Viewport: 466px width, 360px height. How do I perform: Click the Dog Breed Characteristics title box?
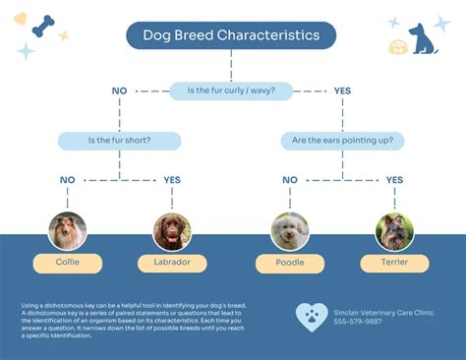(231, 35)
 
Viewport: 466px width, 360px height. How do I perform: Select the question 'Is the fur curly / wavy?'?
(231, 90)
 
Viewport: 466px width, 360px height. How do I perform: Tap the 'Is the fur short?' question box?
(119, 140)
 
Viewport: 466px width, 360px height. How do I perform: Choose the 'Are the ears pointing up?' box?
(343, 140)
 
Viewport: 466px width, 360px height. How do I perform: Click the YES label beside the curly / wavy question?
(342, 90)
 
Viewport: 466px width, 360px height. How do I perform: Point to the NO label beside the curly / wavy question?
(120, 90)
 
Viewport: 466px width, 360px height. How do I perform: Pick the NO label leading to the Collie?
(67, 180)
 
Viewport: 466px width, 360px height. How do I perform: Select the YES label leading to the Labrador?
(172, 180)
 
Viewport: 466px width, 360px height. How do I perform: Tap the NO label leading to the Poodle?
(289, 180)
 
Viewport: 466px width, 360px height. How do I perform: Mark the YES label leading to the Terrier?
(394, 180)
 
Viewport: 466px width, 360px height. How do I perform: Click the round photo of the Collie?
(67, 231)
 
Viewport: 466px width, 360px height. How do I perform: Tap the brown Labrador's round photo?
(172, 231)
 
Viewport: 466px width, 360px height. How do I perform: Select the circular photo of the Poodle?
(289, 231)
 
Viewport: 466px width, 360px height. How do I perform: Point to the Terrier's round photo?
(394, 231)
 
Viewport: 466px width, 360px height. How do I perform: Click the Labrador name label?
(172, 263)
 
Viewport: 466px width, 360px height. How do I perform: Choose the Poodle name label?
(289, 263)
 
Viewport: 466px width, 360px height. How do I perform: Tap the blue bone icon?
(43, 25)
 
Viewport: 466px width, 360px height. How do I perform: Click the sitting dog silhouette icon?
(423, 37)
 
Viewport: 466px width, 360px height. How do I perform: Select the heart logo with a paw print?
(312, 317)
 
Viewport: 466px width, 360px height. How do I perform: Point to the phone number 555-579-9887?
(358, 322)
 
